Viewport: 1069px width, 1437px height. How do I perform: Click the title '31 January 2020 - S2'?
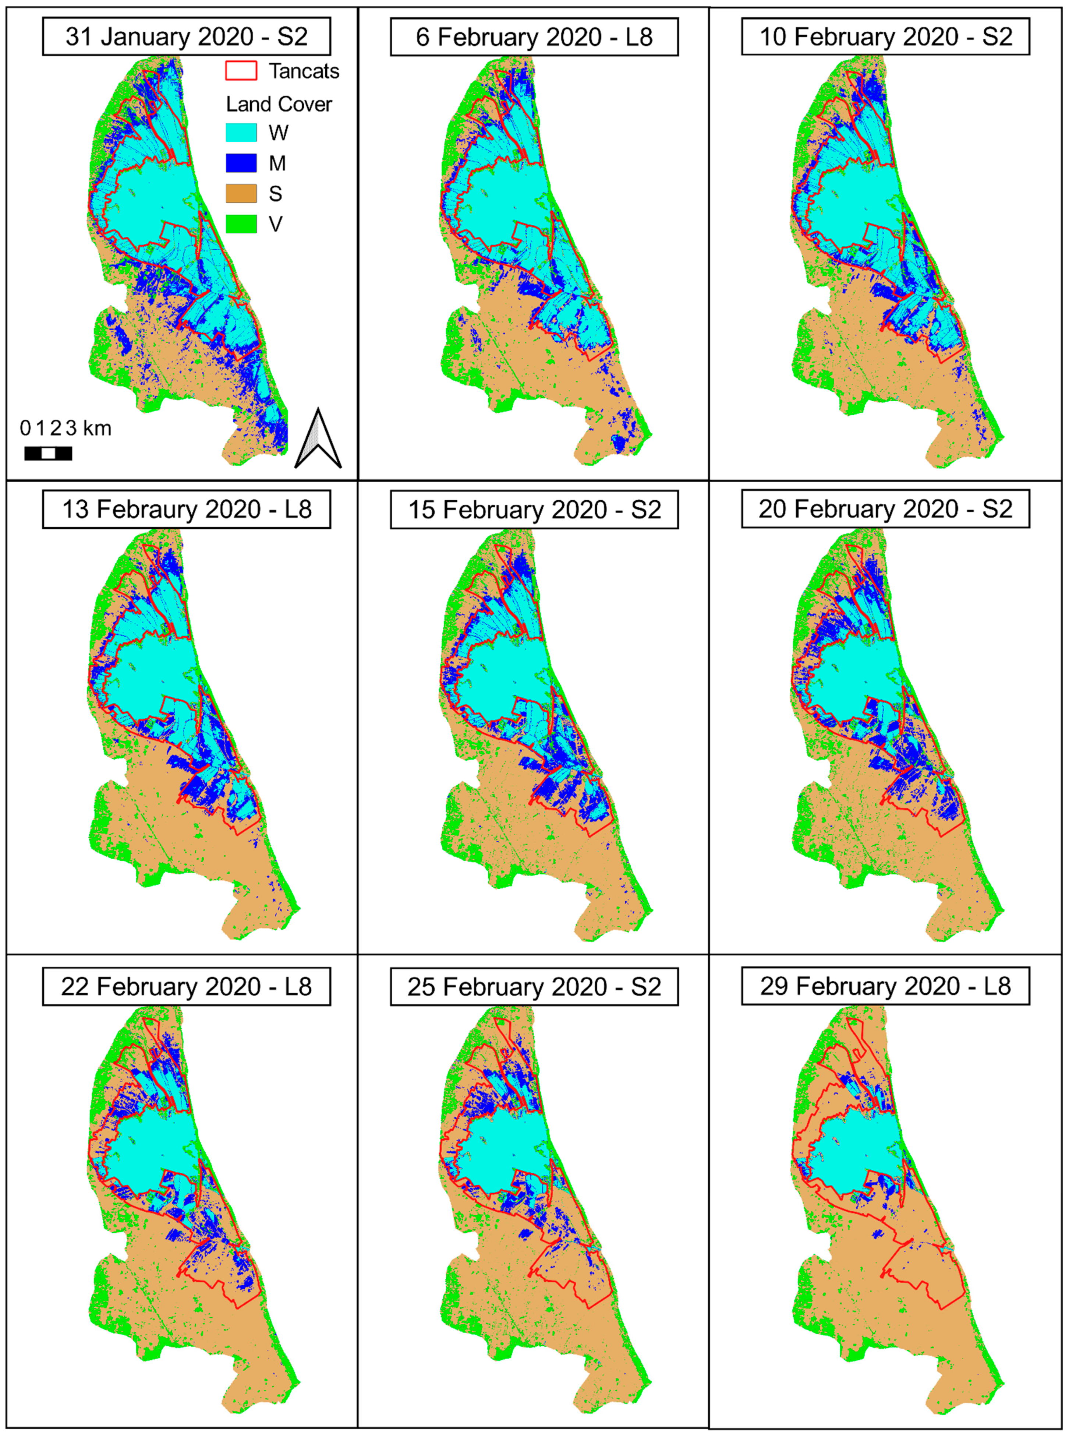click(186, 37)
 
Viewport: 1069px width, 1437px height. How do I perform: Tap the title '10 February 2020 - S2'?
click(885, 37)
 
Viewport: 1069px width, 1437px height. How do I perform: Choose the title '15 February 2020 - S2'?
click(534, 510)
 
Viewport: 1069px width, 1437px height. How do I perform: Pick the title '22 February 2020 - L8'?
click(186, 986)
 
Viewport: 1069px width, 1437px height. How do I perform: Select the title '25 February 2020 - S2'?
click(534, 986)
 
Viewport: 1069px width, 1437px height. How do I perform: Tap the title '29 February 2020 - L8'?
click(885, 986)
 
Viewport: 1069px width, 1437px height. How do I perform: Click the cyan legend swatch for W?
click(241, 133)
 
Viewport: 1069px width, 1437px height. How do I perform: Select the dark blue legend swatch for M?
click(241, 163)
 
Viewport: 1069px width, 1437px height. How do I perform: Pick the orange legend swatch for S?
click(241, 194)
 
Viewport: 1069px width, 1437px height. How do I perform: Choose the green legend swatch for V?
click(241, 224)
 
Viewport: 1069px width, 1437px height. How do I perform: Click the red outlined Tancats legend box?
click(241, 71)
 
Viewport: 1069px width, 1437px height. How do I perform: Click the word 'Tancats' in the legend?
click(304, 71)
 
